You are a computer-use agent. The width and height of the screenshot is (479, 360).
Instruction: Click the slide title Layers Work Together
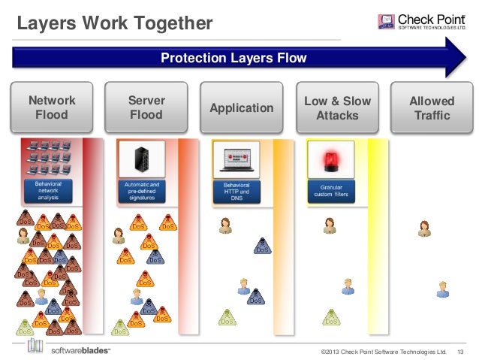coord(114,23)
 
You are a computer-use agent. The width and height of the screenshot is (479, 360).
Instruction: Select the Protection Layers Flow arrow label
coord(233,59)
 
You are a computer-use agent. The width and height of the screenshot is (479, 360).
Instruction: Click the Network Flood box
coord(52,108)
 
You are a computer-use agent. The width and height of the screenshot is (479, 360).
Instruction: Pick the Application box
coord(241,108)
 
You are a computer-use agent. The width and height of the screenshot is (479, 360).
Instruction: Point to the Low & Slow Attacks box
coord(337,108)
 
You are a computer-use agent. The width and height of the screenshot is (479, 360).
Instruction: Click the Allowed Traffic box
coord(432,108)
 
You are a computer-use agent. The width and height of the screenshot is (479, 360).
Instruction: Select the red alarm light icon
coord(330,159)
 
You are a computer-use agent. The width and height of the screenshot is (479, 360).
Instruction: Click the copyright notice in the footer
coord(383,351)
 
